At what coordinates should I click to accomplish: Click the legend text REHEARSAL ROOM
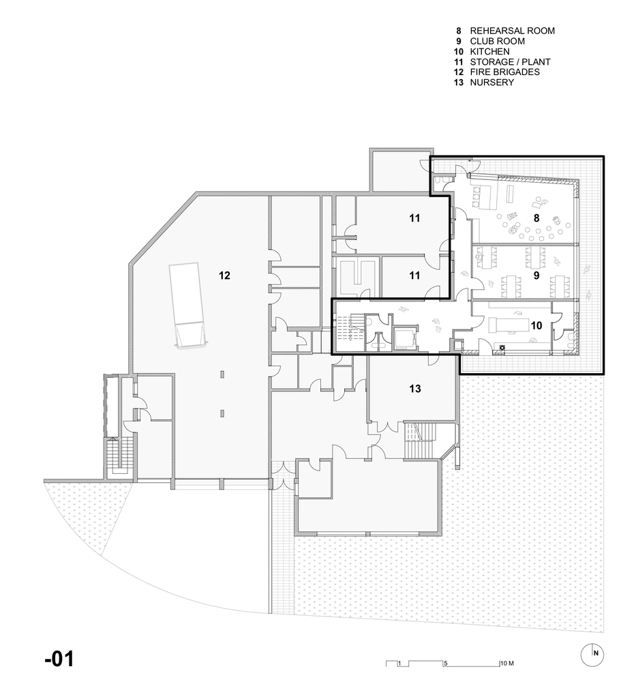512,31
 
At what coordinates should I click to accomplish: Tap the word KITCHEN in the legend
489,51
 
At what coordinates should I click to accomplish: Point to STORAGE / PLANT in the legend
510,61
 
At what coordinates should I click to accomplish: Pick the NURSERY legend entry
491,82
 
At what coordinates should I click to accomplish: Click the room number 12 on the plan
225,276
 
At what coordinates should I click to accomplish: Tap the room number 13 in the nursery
415,389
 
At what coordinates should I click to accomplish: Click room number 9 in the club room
536,277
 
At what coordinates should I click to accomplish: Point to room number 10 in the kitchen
536,326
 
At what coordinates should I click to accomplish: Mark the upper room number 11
415,218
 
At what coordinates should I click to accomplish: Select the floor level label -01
59,659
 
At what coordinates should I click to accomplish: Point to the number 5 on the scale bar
445,663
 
